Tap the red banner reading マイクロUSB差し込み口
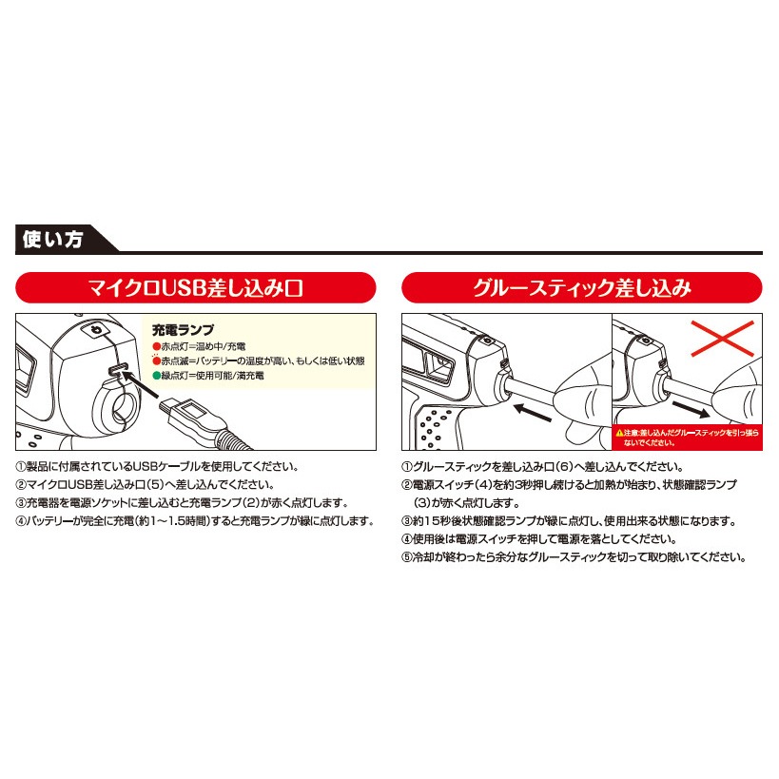(196, 287)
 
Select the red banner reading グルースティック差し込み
(582, 287)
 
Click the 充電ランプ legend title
(183, 329)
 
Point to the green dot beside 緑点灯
(157, 376)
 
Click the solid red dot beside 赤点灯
(157, 346)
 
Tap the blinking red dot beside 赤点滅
(157, 360)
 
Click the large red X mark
(722, 339)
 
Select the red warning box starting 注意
(687, 438)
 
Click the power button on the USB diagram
(97, 330)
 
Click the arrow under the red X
(691, 410)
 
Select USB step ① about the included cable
(158, 466)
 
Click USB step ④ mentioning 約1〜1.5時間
(195, 521)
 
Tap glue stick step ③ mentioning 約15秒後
(569, 521)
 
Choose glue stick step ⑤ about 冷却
(575, 557)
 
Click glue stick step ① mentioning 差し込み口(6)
(543, 466)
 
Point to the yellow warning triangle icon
(619, 433)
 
